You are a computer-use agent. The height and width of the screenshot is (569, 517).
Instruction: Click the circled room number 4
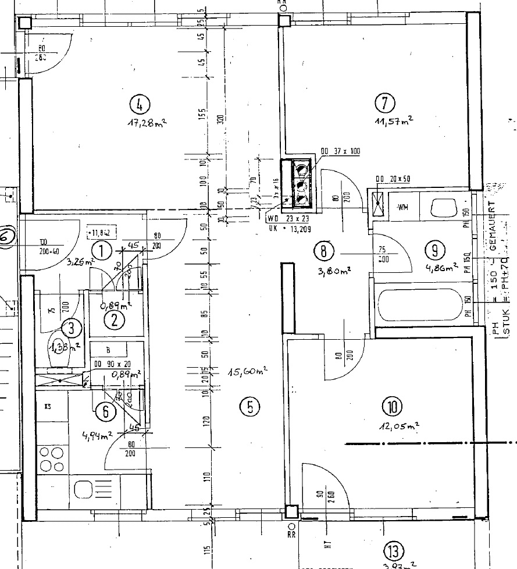click(x=140, y=105)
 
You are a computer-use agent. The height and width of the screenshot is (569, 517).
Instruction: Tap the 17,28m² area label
click(x=147, y=123)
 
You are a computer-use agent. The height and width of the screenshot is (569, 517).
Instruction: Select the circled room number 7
click(x=385, y=104)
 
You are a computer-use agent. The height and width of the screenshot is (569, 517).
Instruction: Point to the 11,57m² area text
click(x=394, y=120)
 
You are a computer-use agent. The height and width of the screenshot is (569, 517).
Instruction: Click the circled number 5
click(x=249, y=407)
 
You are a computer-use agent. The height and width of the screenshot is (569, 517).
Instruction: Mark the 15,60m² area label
click(x=247, y=371)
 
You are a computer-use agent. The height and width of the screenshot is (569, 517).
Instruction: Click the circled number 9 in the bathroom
click(x=434, y=250)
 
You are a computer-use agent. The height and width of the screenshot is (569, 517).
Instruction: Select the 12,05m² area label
click(x=399, y=426)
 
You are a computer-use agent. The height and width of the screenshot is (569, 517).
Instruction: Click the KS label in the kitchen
click(x=47, y=407)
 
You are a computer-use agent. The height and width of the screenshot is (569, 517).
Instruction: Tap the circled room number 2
click(x=115, y=319)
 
